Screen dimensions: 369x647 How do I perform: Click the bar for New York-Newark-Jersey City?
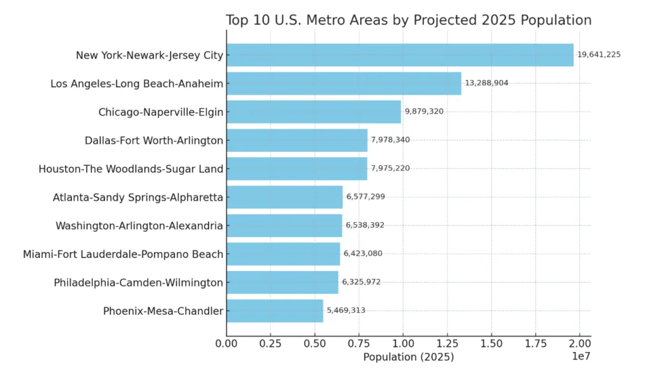click(399, 55)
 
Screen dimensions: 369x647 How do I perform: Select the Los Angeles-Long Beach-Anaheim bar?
click(344, 83)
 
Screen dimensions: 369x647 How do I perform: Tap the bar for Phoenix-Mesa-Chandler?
click(275, 310)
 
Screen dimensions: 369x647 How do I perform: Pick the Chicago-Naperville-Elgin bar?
click(313, 112)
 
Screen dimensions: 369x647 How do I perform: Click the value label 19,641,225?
click(599, 55)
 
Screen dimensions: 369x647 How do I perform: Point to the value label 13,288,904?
click(487, 83)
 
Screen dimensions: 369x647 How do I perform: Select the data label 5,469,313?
click(346, 310)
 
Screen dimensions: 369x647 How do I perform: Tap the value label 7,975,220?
click(390, 168)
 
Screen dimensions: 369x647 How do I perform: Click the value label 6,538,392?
click(365, 225)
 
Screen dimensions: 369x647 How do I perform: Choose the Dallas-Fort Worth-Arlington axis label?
click(154, 141)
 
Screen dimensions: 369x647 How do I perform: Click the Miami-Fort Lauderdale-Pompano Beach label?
click(123, 254)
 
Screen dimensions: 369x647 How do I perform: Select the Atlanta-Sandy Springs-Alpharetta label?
click(138, 197)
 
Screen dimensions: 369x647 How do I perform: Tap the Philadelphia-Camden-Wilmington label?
click(138, 283)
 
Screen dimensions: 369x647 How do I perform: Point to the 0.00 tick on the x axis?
click(227, 344)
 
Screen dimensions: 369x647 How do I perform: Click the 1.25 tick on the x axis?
click(447, 344)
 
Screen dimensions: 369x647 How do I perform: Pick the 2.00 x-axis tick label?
click(579, 344)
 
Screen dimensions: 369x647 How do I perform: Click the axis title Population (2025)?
click(408, 357)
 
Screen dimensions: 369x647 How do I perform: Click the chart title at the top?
click(408, 20)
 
